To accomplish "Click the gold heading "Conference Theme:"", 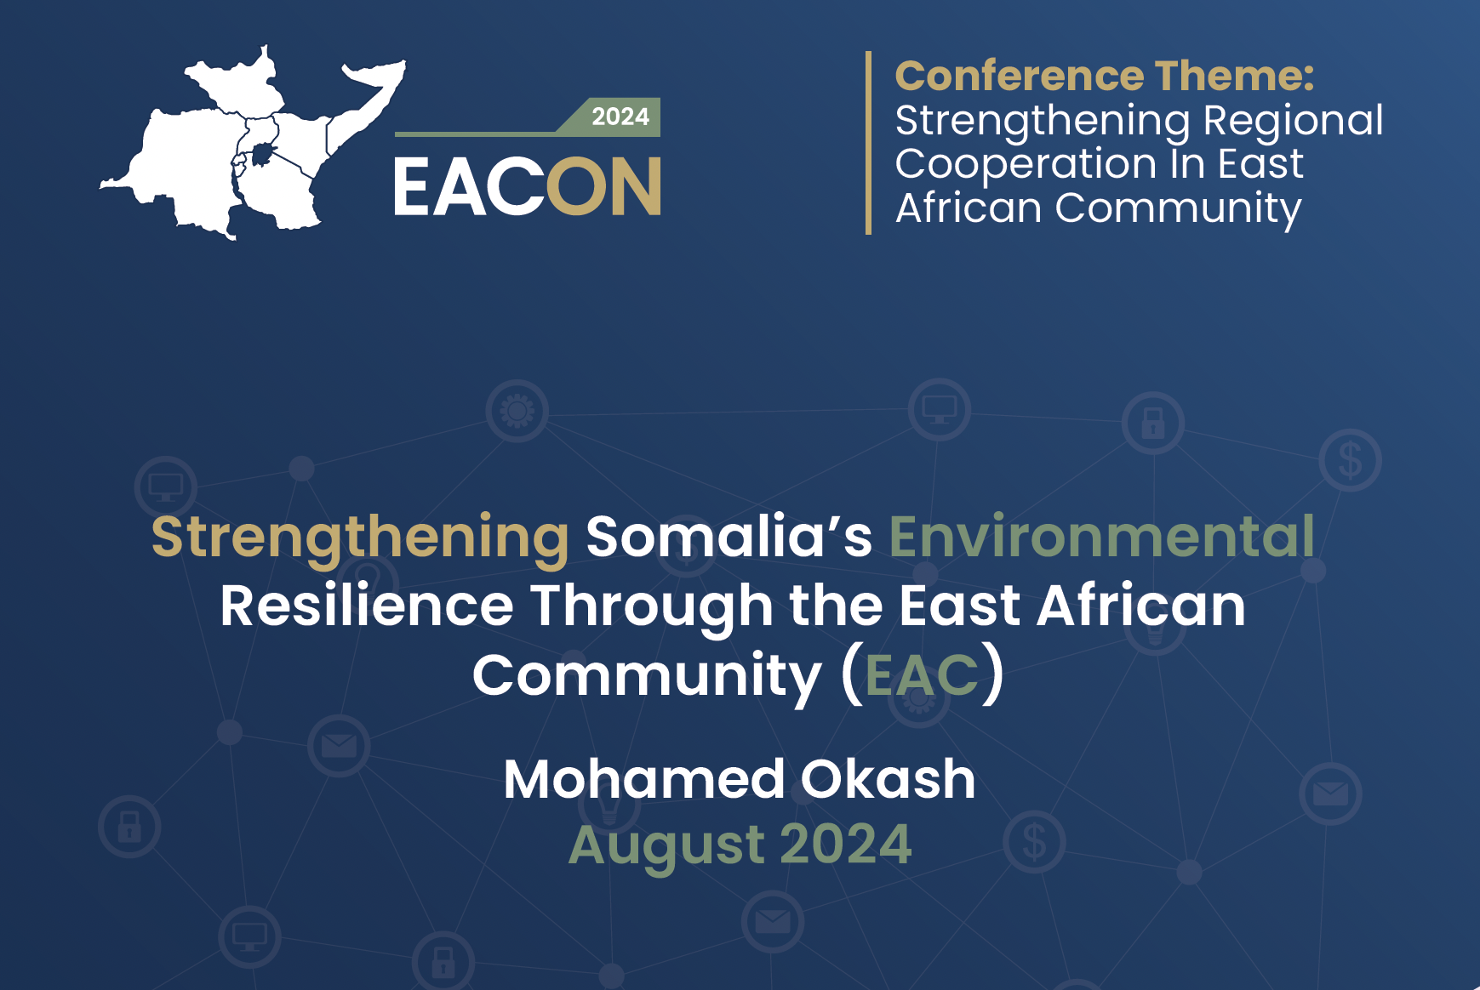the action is click(1105, 76).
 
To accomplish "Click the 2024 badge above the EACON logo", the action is click(620, 117).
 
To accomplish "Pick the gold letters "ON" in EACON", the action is click(603, 186).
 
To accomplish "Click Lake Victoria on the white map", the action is click(262, 153).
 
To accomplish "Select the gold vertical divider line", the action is click(868, 142).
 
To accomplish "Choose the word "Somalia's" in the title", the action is click(729, 537).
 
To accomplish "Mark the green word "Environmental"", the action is click(1102, 537).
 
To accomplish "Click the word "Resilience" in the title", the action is click(367, 606).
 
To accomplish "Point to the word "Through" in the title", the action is click(653, 607).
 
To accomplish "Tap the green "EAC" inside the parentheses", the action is click(922, 676).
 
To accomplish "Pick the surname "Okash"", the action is click(888, 779).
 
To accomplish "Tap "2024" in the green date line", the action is click(846, 845).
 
